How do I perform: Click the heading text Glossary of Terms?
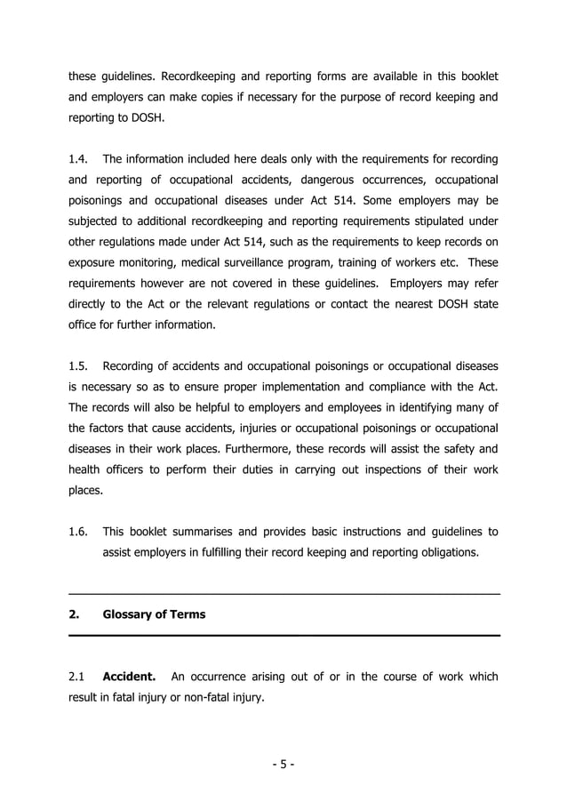point(154,614)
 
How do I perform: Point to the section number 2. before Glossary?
point(75,614)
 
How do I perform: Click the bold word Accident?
point(130,677)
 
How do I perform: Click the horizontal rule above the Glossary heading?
point(283,593)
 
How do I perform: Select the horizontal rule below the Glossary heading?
point(283,635)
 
